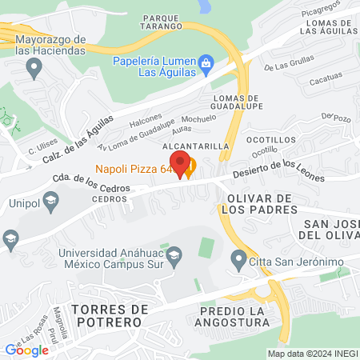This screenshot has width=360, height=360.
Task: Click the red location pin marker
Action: click(181, 164)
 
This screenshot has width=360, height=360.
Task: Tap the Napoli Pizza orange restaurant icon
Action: click(190, 169)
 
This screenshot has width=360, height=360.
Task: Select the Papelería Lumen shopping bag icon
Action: click(206, 62)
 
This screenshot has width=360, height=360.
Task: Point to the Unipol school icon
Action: click(50, 200)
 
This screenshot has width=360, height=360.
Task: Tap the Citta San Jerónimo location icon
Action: click(238, 258)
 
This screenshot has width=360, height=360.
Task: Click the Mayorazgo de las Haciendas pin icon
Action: click(34, 69)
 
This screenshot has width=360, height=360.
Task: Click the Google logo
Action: click(26, 350)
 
